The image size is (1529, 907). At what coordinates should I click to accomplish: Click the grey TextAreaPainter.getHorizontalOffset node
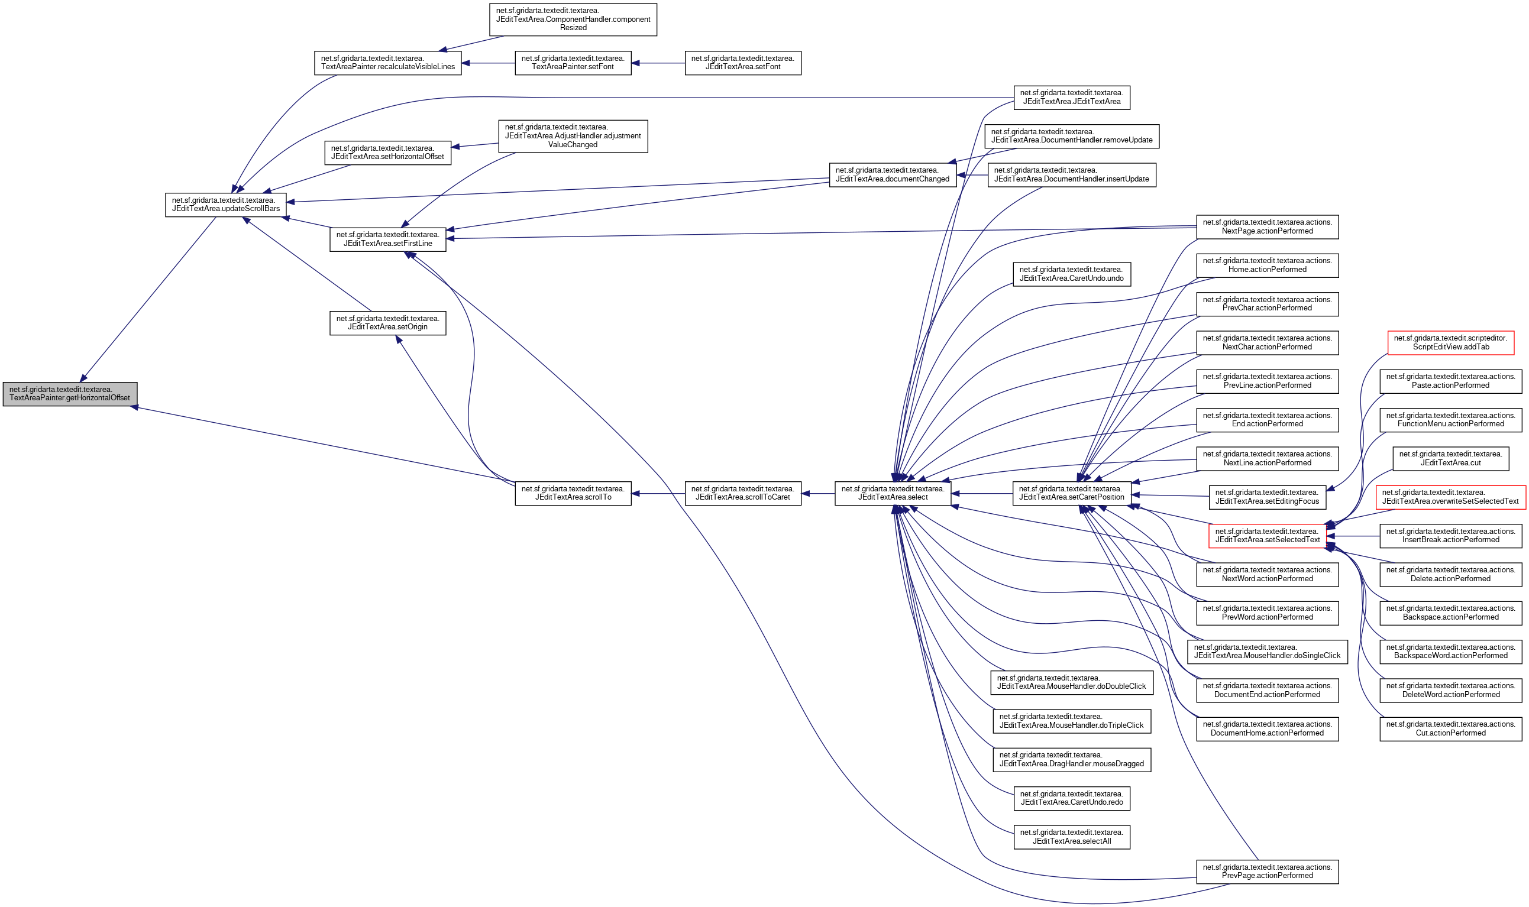coord(70,394)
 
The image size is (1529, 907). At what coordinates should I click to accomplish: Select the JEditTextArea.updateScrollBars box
coord(225,205)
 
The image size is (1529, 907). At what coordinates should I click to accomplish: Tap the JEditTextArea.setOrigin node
coord(387,323)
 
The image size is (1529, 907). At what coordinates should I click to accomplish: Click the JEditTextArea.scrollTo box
coord(573,493)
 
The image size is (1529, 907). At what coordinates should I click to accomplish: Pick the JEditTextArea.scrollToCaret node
coord(743,493)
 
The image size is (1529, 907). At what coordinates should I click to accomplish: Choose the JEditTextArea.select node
coord(893,493)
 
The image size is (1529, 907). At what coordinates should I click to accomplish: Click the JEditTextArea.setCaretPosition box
coord(1072,493)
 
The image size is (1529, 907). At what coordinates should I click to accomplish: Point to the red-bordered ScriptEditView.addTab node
coord(1450,343)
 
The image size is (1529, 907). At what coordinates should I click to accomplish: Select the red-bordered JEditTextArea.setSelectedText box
coord(1268,536)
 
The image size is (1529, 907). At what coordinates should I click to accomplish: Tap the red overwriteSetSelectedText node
coord(1450,497)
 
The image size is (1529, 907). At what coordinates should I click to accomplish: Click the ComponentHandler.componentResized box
coord(573,20)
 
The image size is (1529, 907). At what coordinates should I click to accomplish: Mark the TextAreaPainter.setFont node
coord(573,63)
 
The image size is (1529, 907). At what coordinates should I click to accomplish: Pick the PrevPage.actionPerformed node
coord(1268,872)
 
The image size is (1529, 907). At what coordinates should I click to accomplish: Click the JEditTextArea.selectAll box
coord(1072,837)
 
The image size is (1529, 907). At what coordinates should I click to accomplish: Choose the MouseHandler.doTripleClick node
coord(1072,721)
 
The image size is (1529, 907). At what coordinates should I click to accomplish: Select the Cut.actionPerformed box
coord(1450,729)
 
